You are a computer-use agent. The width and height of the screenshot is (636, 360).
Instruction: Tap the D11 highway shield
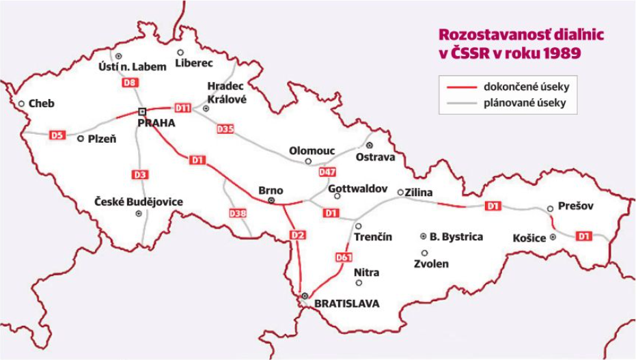pyautogui.click(x=182, y=108)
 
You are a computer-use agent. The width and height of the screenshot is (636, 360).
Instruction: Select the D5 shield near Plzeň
pyautogui.click(x=58, y=135)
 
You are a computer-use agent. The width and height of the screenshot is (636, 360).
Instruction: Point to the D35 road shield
pyautogui.click(x=225, y=128)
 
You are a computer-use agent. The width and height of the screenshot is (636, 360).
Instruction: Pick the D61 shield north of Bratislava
pyautogui.click(x=344, y=258)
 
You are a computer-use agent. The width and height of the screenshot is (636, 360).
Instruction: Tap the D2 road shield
pyautogui.click(x=297, y=236)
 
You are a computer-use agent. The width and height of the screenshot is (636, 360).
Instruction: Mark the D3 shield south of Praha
pyautogui.click(x=139, y=175)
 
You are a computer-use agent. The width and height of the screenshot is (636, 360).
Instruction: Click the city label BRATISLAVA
pyautogui.click(x=346, y=304)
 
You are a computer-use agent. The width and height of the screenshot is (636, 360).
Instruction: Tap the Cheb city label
pyautogui.click(x=41, y=104)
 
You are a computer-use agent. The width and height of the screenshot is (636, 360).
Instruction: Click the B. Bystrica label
pyautogui.click(x=456, y=237)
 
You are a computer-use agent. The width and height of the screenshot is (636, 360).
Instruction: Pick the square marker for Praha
pyautogui.click(x=142, y=111)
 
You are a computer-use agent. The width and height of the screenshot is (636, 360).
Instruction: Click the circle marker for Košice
pyautogui.click(x=553, y=237)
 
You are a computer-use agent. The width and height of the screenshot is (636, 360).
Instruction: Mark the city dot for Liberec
pyautogui.click(x=180, y=52)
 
